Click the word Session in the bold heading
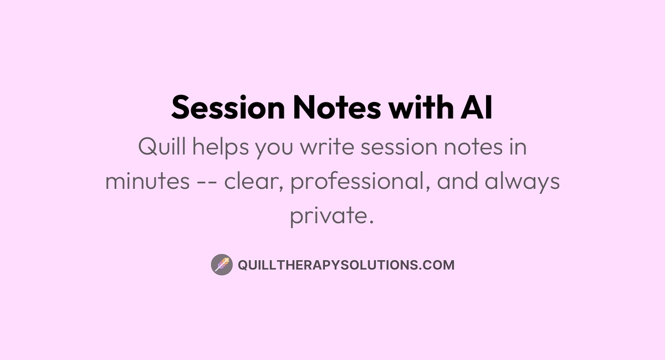coord(228,107)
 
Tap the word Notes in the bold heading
coord(337,107)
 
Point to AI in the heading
coord(477,107)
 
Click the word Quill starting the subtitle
coord(162,146)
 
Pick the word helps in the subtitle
coord(221,147)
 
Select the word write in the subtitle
coord(327,146)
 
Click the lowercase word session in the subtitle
coord(399,147)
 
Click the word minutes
coord(147,181)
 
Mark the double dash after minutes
coord(207,181)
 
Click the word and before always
coord(458,180)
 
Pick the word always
coord(522,182)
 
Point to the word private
coord(331,216)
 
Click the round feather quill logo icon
coord(222,265)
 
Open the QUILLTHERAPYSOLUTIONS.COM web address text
coord(346,265)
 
